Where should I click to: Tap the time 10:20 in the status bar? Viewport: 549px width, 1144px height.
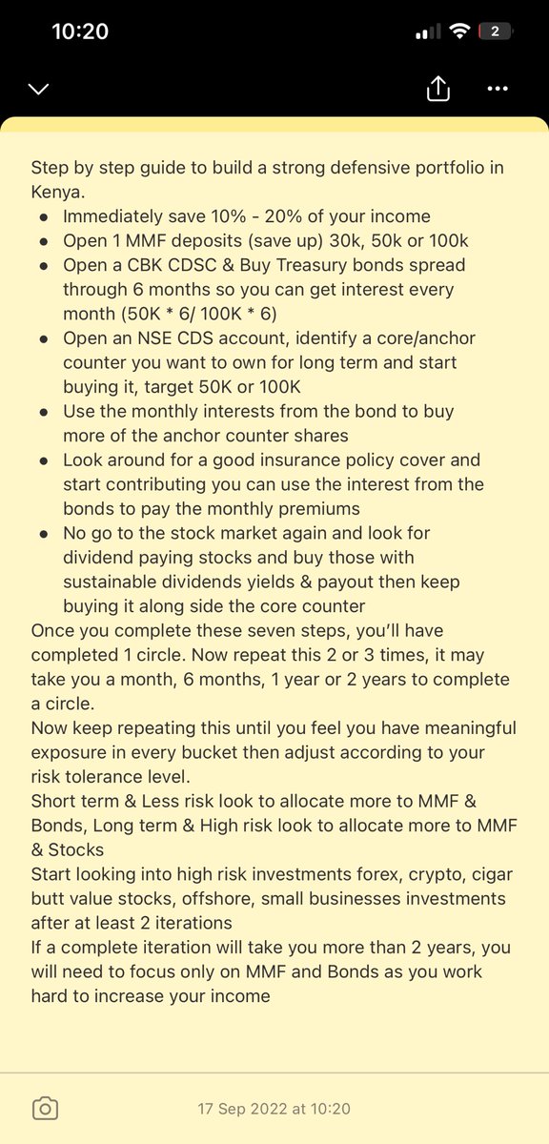pos(80,31)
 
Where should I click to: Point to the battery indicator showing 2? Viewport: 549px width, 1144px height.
pos(495,31)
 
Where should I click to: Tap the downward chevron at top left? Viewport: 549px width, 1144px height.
pos(39,90)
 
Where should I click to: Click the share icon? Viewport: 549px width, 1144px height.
pos(437,89)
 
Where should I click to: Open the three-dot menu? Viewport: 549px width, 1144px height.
pos(498,89)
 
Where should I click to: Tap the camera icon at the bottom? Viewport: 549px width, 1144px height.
pos(45,1108)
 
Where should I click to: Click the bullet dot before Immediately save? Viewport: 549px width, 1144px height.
pos(44,216)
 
